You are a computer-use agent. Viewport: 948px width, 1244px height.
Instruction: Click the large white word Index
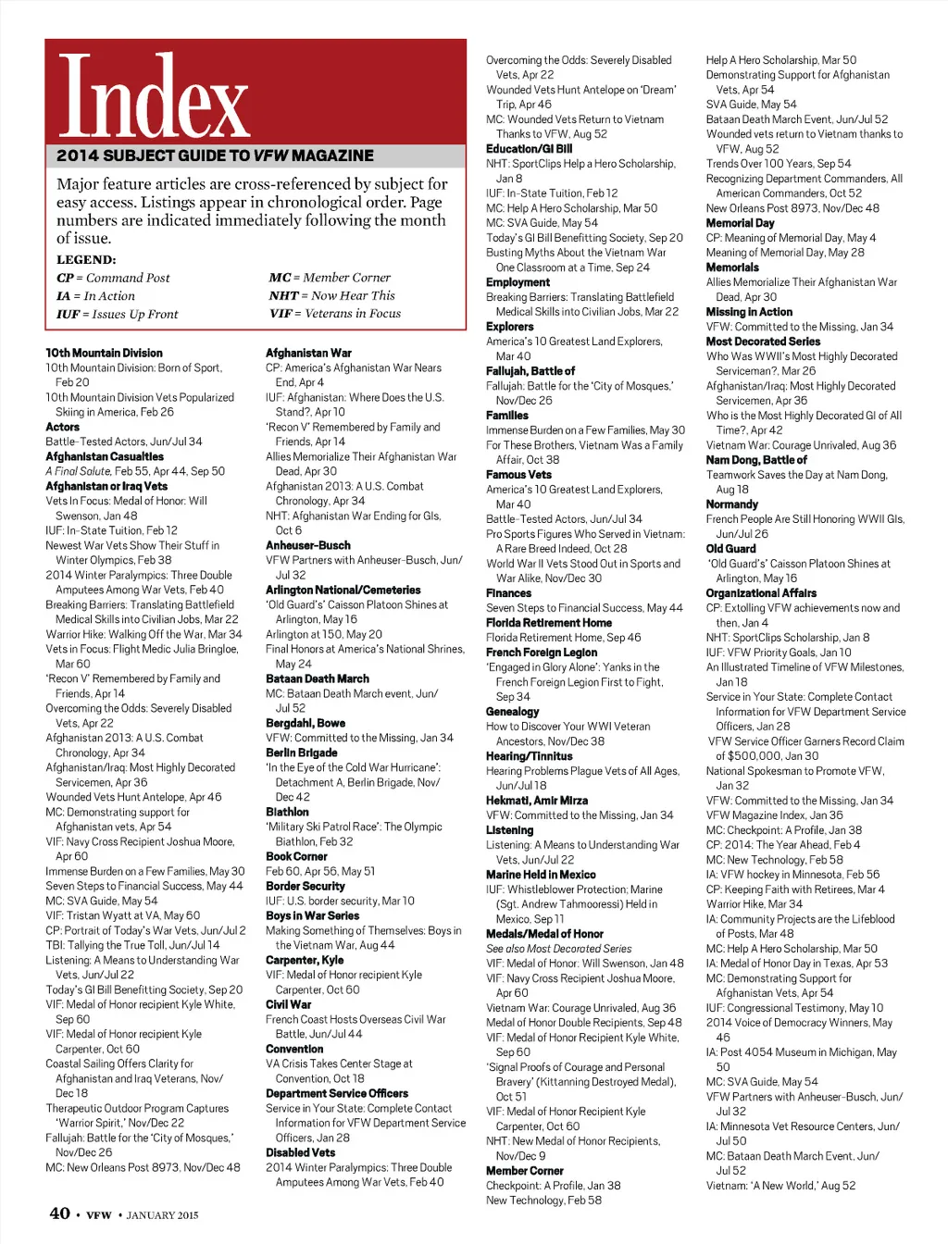click(x=154, y=97)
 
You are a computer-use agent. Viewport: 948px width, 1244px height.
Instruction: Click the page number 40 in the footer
click(x=59, y=1213)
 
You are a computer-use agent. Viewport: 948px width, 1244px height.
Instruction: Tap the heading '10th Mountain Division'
click(x=104, y=353)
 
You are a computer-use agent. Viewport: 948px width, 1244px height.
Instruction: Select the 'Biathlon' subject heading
click(x=287, y=812)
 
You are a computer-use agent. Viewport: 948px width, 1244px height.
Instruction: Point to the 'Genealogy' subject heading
click(x=512, y=712)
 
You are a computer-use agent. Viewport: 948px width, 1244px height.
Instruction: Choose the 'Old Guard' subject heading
click(x=730, y=549)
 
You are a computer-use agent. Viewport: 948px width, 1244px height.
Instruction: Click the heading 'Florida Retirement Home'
click(x=549, y=623)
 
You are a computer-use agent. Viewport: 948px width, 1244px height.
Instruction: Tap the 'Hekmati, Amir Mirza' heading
click(x=537, y=801)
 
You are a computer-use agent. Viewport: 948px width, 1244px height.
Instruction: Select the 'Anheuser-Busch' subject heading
click(x=307, y=545)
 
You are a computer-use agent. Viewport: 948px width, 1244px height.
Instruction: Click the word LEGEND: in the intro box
click(x=86, y=260)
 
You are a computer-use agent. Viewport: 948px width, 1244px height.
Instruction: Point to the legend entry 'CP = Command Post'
click(x=113, y=278)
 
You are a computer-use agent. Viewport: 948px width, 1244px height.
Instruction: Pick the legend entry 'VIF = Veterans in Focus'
click(x=334, y=314)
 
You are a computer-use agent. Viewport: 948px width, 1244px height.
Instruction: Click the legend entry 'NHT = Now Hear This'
click(x=331, y=295)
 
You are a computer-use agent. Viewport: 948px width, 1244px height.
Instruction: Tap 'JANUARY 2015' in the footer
click(x=162, y=1215)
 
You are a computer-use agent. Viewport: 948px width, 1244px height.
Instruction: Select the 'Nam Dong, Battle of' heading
click(x=756, y=460)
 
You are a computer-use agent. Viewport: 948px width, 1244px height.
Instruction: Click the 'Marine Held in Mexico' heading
click(x=541, y=875)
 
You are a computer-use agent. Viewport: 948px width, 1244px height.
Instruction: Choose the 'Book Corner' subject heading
click(x=296, y=856)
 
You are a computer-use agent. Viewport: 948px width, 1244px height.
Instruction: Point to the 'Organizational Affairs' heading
click(x=761, y=593)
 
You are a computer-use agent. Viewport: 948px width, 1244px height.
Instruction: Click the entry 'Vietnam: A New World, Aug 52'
click(x=780, y=1186)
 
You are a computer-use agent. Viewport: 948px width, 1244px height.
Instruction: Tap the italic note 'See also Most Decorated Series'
click(x=558, y=949)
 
